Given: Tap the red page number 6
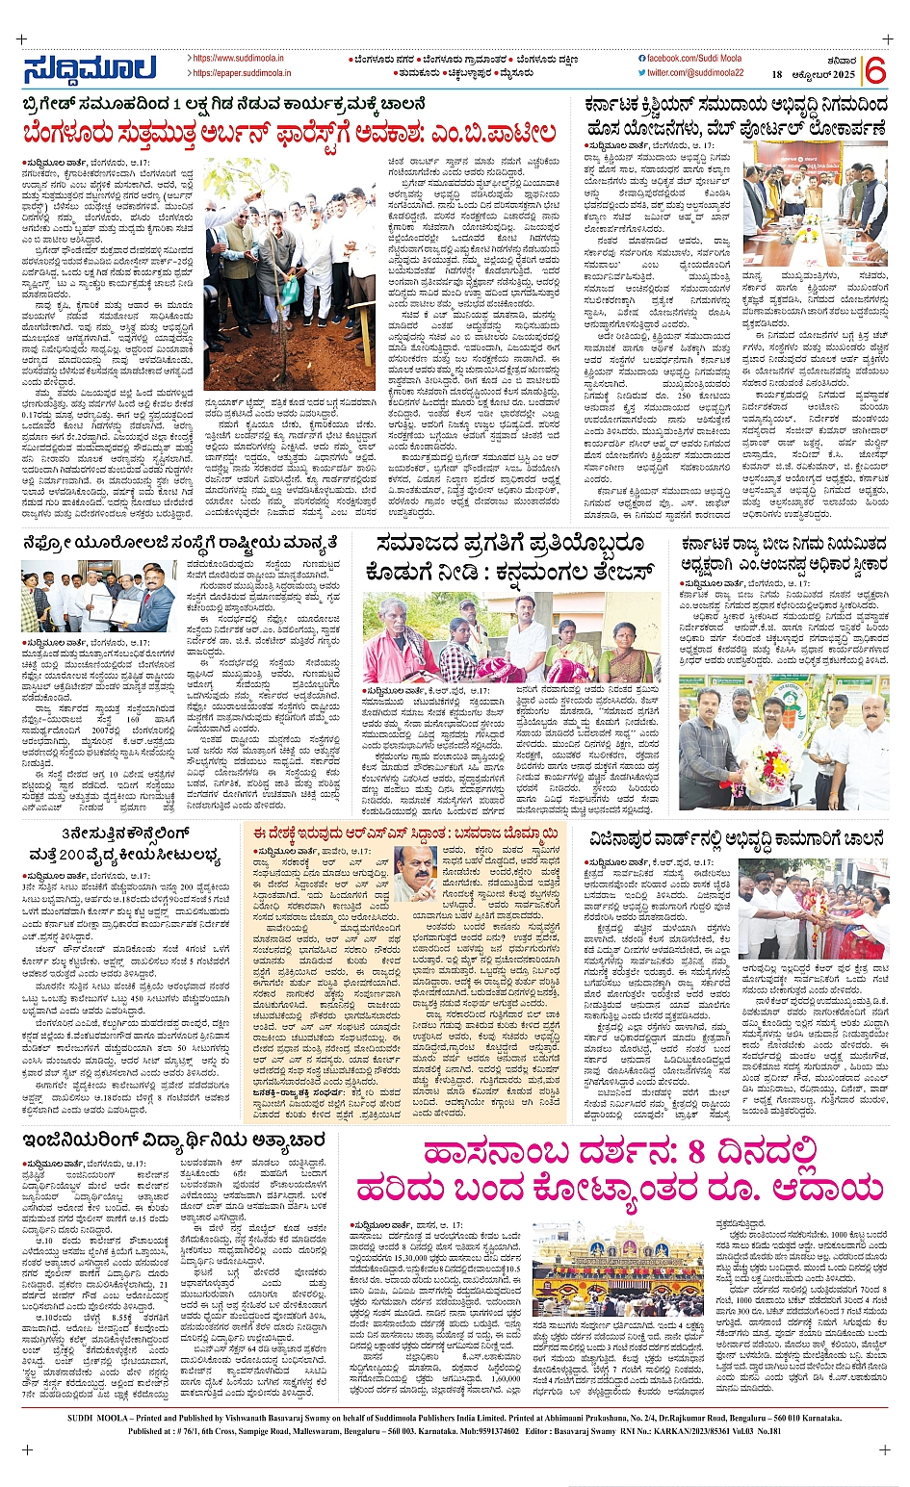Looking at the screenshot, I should point(874,70).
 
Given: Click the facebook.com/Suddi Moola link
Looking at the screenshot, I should point(697,59).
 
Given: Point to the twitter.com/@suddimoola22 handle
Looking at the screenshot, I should point(695,73).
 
